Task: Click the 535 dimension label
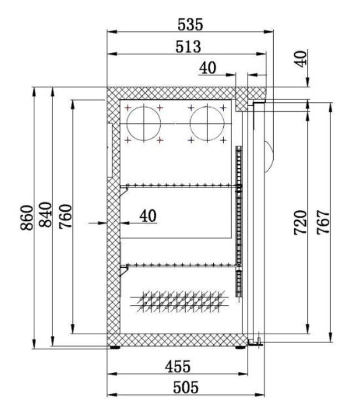click(190, 24)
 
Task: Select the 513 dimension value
click(188, 46)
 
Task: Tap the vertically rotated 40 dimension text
click(300, 59)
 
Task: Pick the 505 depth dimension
click(185, 387)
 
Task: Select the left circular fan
click(143, 123)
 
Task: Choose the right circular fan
click(207, 123)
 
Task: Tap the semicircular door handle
click(269, 155)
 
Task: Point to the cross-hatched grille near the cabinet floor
click(180, 300)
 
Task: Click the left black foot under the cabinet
click(115, 348)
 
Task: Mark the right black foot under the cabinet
click(241, 348)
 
